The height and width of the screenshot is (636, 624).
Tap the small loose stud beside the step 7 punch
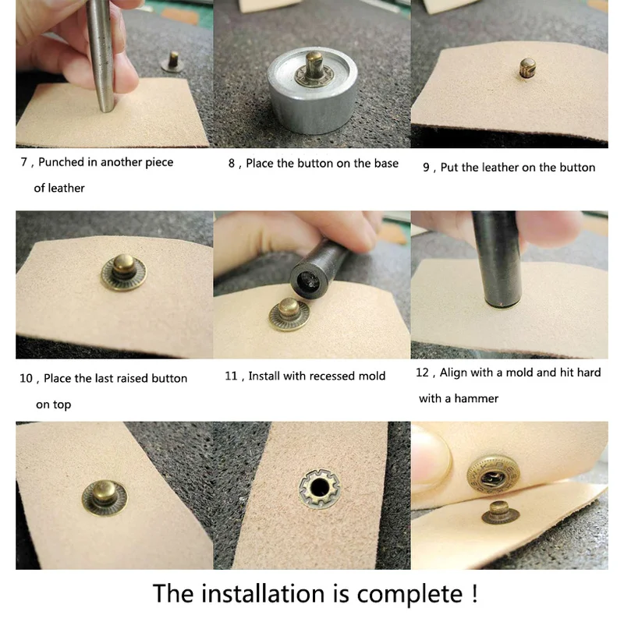(172, 62)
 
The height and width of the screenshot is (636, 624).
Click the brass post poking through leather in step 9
(527, 68)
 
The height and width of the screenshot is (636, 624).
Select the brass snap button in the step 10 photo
(123, 272)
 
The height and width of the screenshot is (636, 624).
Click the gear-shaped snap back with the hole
(320, 488)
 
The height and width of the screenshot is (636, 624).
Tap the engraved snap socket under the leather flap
(493, 475)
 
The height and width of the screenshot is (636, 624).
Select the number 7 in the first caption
(24, 162)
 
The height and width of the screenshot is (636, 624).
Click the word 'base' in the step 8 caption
(386, 163)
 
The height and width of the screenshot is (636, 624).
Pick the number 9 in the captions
(426, 167)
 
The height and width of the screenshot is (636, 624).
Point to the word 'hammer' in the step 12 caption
(477, 398)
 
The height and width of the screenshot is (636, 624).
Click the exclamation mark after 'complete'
(474, 593)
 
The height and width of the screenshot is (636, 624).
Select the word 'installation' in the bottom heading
(263, 593)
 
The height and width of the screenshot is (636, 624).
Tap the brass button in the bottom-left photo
(105, 497)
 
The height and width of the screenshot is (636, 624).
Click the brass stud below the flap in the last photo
(500, 512)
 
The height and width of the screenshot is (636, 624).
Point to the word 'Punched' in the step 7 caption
(62, 162)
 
